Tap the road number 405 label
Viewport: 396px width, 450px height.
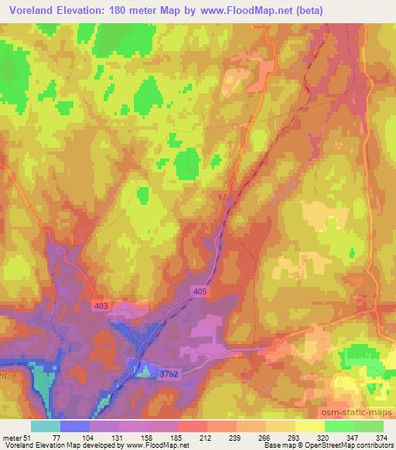pos(200,291)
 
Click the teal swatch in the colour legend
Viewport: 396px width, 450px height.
pos(46,427)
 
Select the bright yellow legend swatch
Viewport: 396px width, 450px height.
pos(309,427)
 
